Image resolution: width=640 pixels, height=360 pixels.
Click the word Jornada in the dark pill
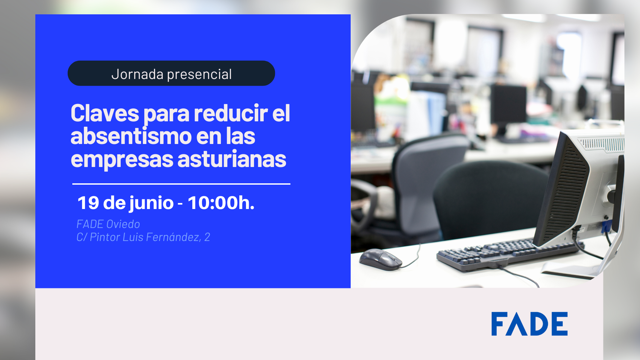tap(137, 74)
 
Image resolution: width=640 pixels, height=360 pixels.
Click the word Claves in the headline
tap(105, 113)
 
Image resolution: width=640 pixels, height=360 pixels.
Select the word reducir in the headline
tap(231, 113)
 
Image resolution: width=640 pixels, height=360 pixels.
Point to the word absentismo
tap(131, 136)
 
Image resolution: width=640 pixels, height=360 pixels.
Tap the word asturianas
tap(232, 159)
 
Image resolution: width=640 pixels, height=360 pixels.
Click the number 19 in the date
tap(88, 203)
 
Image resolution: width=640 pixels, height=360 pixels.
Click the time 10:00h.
tap(221, 202)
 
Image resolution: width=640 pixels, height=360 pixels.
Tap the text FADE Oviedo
tap(108, 224)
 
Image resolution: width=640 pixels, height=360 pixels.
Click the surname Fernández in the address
tap(174, 237)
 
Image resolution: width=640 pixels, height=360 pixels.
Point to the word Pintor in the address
tap(105, 237)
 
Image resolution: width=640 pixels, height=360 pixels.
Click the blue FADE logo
tap(529, 324)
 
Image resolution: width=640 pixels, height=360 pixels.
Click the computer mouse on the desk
tap(381, 259)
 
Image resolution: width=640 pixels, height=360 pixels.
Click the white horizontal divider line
tap(181, 184)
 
